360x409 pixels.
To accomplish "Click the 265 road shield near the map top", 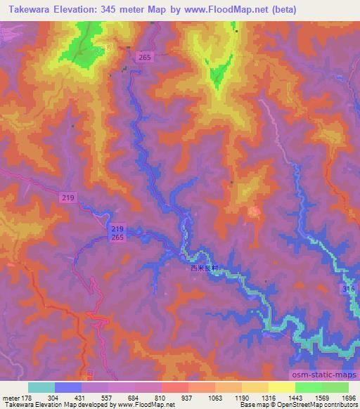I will tap(145, 57).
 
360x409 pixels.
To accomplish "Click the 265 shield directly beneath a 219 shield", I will tap(118, 239).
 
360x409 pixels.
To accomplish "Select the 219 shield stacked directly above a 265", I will tap(118, 230).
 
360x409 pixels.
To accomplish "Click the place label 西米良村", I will tap(205, 267).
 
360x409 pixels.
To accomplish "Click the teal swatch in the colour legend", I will tap(41, 387).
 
